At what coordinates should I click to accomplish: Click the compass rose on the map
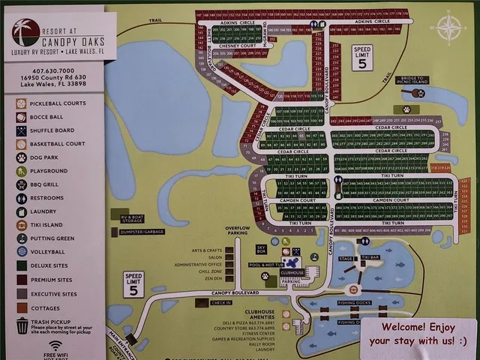point(448,28)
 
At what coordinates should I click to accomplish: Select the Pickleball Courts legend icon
point(22,103)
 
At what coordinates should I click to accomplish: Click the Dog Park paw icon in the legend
point(22,157)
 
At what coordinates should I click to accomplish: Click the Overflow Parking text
point(237,230)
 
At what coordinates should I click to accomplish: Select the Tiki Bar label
point(370,257)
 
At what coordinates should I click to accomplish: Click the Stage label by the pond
point(345,258)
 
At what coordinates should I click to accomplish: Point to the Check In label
point(220,302)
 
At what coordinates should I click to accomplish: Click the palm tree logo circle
point(25,32)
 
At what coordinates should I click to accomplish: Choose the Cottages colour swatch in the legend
point(22,307)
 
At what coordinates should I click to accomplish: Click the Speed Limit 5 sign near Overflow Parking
point(133,283)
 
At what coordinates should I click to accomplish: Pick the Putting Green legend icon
point(22,238)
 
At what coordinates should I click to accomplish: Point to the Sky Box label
point(261,248)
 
